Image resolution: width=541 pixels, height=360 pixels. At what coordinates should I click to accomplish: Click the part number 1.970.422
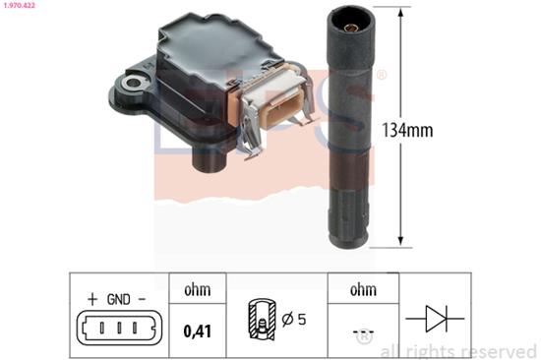coord(18,5)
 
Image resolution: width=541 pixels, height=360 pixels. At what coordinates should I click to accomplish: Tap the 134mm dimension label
coord(407,130)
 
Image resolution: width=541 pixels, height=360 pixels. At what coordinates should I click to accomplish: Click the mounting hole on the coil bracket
coord(133,83)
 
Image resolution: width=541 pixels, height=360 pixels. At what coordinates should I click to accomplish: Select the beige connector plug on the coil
coord(276,102)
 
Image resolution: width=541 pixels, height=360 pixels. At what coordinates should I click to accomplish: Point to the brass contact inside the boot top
coord(352,28)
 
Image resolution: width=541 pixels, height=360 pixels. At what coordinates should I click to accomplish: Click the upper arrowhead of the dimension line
coord(400,13)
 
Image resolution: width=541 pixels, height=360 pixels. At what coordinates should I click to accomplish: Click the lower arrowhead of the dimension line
coord(400,241)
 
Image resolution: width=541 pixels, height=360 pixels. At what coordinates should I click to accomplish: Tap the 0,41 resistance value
coord(198,331)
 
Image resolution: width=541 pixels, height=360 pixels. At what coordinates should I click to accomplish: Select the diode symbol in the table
coord(435,319)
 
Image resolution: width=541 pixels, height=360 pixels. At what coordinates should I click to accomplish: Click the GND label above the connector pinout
coord(119,299)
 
